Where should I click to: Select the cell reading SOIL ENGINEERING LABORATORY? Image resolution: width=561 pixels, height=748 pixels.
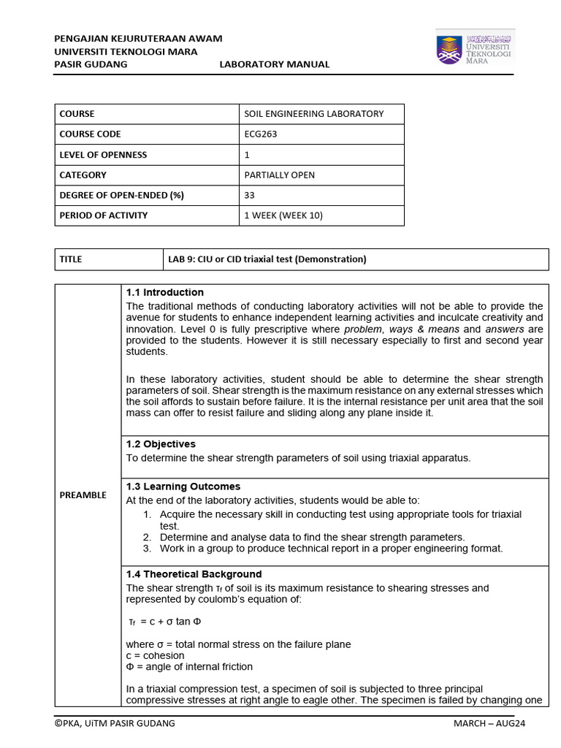313,114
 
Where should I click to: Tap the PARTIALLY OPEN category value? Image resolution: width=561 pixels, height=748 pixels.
280,175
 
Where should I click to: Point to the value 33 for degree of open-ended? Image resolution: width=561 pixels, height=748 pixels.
249,195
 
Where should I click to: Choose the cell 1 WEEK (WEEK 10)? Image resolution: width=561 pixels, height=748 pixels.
283,215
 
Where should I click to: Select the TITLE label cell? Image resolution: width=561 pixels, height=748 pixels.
71,259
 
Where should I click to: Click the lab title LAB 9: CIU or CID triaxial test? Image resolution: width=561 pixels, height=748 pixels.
267,259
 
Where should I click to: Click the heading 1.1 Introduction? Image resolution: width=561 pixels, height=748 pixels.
164,293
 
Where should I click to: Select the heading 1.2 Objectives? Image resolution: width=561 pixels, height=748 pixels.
161,444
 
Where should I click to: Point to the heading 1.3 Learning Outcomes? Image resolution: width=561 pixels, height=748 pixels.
183,486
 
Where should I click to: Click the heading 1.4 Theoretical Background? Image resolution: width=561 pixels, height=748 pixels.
194,574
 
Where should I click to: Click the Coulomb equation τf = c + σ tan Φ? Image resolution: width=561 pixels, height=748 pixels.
164,622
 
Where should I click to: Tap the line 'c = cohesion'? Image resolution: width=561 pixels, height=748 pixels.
156,655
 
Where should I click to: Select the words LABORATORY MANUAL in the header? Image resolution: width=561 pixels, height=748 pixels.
274,64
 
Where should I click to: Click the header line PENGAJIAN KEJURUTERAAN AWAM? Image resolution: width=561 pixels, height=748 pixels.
139,38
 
